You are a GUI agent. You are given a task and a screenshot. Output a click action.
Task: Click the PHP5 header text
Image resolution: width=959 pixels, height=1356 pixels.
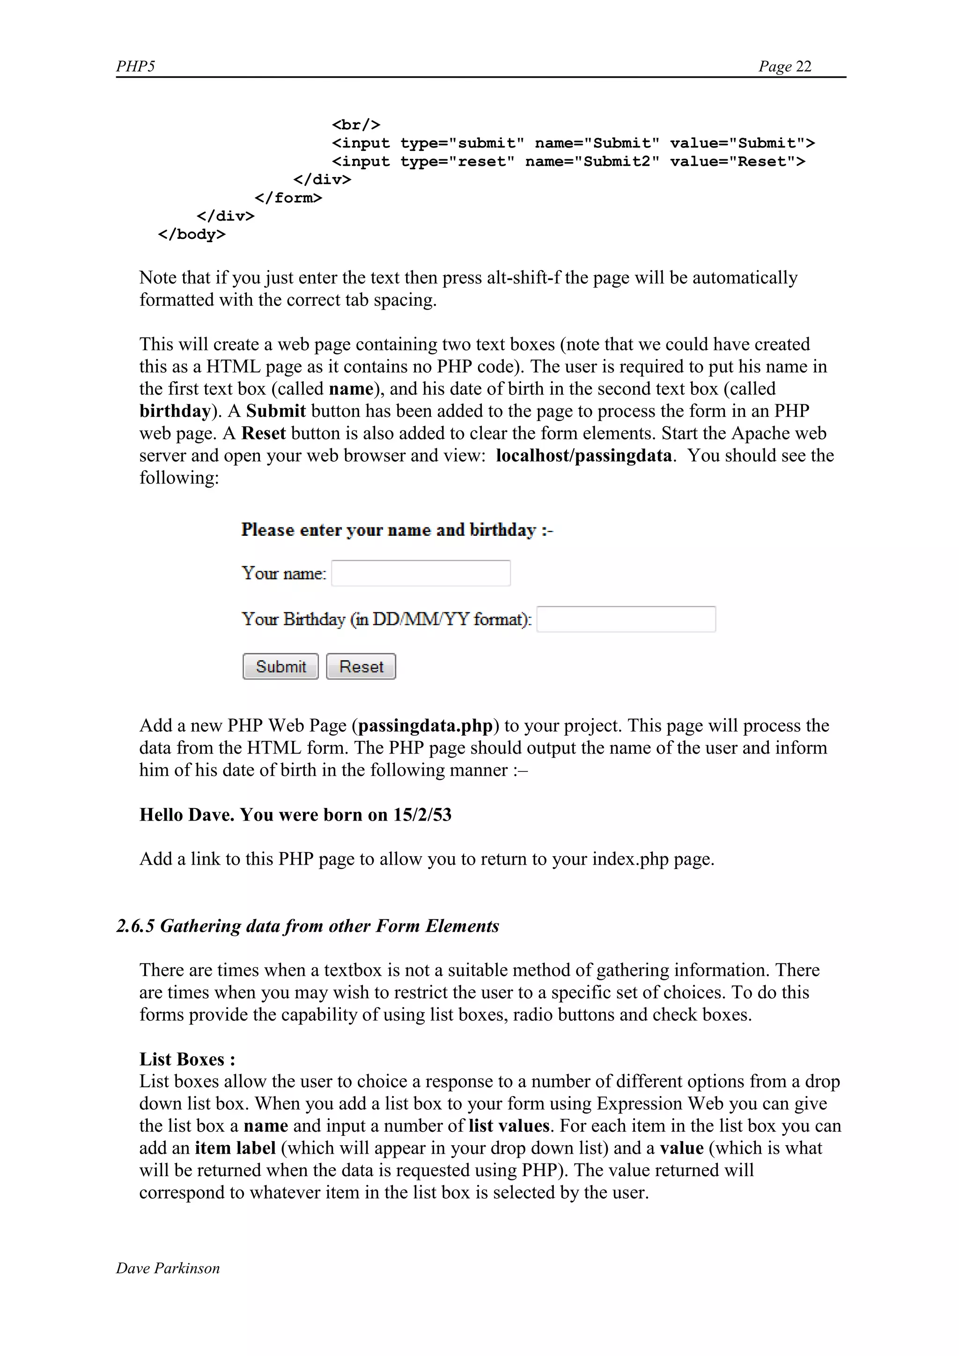click(135, 66)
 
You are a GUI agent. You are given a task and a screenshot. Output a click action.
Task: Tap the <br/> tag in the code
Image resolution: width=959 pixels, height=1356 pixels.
click(355, 125)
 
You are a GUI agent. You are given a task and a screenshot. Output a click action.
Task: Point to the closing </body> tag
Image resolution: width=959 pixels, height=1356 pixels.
click(192, 235)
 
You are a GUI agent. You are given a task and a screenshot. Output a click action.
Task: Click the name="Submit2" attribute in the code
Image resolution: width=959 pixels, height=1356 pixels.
click(592, 161)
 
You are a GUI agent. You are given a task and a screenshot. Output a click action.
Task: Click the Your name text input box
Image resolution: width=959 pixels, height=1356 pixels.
click(420, 573)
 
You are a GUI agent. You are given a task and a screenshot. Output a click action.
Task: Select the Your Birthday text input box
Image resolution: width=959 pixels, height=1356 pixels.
click(626, 619)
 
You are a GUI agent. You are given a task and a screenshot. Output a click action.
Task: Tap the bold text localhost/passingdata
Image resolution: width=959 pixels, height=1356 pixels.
click(583, 455)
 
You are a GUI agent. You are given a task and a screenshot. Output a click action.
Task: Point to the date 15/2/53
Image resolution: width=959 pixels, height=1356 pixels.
click(422, 815)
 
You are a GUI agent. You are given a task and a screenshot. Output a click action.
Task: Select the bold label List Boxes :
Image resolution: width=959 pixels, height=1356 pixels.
click(187, 1059)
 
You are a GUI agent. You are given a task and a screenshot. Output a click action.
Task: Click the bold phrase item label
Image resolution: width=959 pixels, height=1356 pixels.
click(235, 1148)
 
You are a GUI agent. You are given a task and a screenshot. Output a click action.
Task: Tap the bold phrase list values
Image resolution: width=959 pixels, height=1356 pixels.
click(509, 1126)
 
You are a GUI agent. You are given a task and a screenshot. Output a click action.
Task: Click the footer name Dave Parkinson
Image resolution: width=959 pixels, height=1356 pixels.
click(168, 1268)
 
